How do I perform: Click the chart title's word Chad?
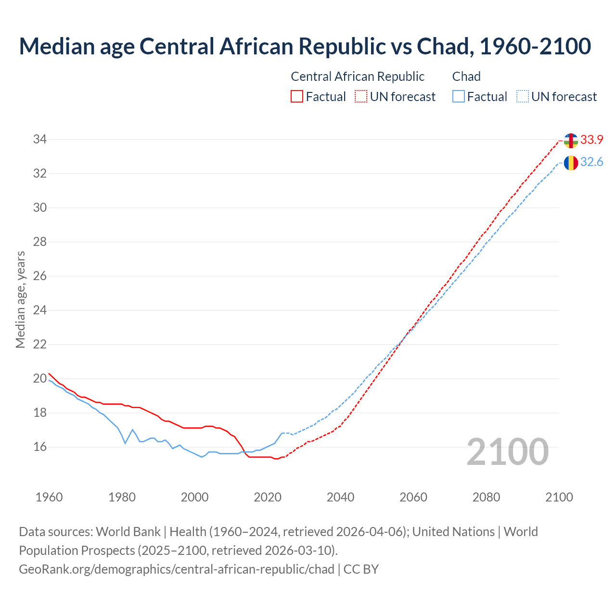point(442,47)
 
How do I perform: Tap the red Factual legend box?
point(297,97)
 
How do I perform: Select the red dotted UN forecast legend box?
point(361,97)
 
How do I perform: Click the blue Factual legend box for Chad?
point(459,97)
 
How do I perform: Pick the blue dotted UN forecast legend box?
point(522,97)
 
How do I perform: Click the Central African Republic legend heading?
point(358,77)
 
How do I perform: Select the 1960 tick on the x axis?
point(49,497)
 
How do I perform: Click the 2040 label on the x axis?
point(340,497)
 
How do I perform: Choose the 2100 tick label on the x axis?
point(559,497)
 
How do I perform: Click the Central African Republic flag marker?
point(571,141)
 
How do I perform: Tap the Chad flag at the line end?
point(571,163)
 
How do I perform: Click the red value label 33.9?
point(591,140)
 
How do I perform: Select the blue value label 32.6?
point(591,162)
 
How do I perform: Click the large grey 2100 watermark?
point(507,452)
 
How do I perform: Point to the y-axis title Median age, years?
point(20,299)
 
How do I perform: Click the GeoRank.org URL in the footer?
point(177,569)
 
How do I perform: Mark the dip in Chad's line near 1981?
point(125,443)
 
